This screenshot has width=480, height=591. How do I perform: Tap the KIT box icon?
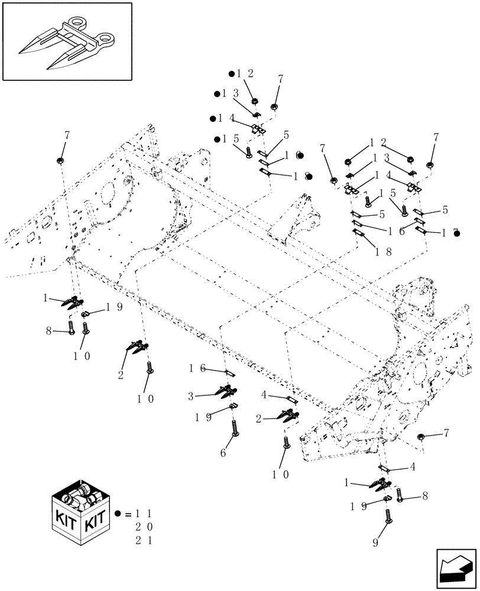click(81, 513)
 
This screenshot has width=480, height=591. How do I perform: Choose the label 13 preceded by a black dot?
click(232, 94)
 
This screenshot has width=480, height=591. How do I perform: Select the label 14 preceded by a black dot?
click(227, 118)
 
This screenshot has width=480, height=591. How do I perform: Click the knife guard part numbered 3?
click(222, 392)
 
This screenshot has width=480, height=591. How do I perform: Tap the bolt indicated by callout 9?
click(388, 515)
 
